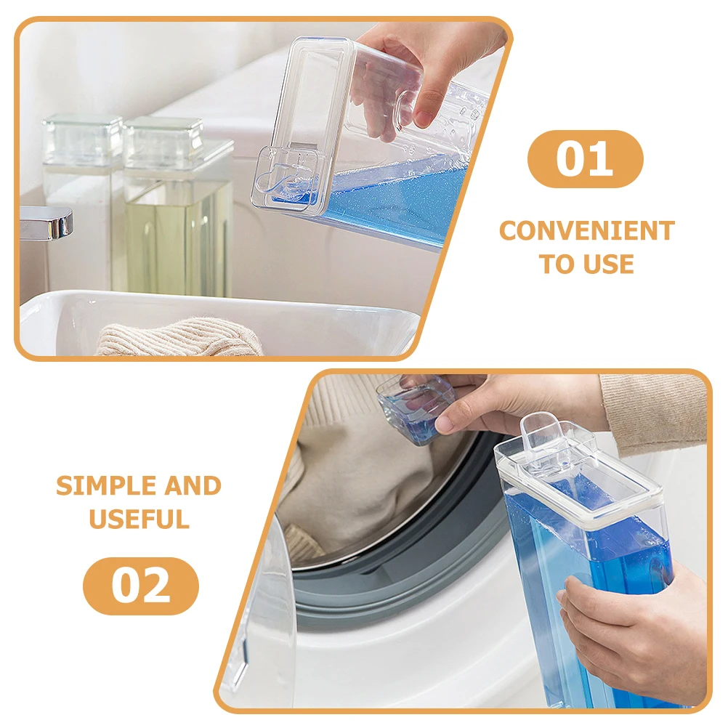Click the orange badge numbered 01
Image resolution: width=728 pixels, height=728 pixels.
tap(585, 159)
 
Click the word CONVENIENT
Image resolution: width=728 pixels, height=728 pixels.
tap(586, 231)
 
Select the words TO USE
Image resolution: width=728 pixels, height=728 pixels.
tap(586, 264)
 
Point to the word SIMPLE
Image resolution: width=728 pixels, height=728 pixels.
tap(98, 485)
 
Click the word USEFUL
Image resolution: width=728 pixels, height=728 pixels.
tap(139, 519)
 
